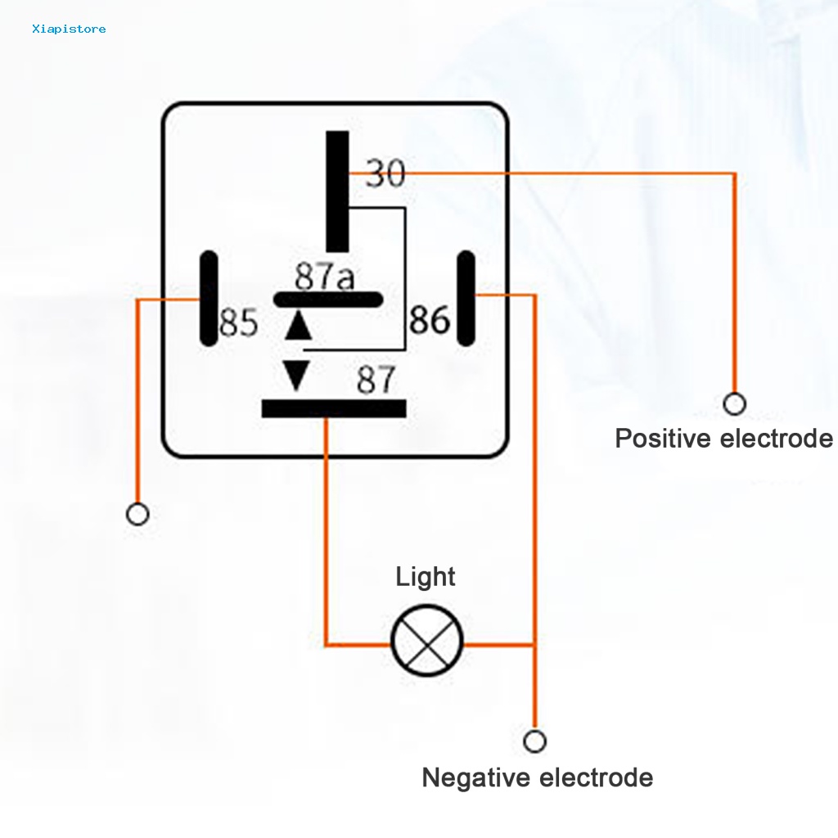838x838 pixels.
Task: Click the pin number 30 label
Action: [385, 173]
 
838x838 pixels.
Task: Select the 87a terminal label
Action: [325, 277]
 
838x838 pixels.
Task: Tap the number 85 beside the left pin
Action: [239, 323]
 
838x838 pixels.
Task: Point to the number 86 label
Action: [430, 320]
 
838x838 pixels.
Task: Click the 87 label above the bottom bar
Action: [376, 381]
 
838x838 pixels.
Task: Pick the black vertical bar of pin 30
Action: [337, 191]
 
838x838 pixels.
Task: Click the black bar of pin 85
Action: [209, 300]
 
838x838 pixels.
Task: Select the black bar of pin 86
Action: [466, 298]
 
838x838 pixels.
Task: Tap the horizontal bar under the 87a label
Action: [328, 300]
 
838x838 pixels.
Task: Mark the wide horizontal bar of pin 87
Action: [334, 408]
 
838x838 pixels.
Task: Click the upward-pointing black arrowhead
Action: [298, 325]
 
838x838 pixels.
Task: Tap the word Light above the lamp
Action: [425, 577]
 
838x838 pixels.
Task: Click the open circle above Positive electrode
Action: [734, 403]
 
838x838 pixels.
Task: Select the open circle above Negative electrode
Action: [534, 741]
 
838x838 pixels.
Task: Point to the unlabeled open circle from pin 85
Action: [137, 515]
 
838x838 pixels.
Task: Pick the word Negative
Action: [475, 777]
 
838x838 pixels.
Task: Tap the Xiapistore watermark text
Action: [69, 29]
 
